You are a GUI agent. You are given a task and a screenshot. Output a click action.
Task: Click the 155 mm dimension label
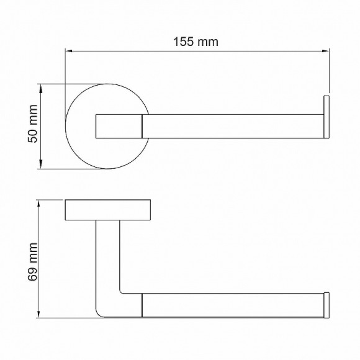pyautogui.click(x=196, y=42)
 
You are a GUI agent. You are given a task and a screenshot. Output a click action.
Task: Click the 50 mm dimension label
pyautogui.click(x=33, y=124)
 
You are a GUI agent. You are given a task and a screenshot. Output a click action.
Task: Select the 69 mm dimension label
pyautogui.click(x=33, y=262)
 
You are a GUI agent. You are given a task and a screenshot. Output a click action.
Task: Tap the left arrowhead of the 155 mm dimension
pyautogui.click(x=69, y=51)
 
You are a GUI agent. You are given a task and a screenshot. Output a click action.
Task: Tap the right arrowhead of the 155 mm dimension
pyautogui.click(x=326, y=51)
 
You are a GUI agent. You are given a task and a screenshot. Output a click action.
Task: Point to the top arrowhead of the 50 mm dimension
pyautogui.click(x=41, y=88)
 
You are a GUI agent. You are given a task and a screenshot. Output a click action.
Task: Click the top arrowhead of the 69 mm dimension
pyautogui.click(x=39, y=204)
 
